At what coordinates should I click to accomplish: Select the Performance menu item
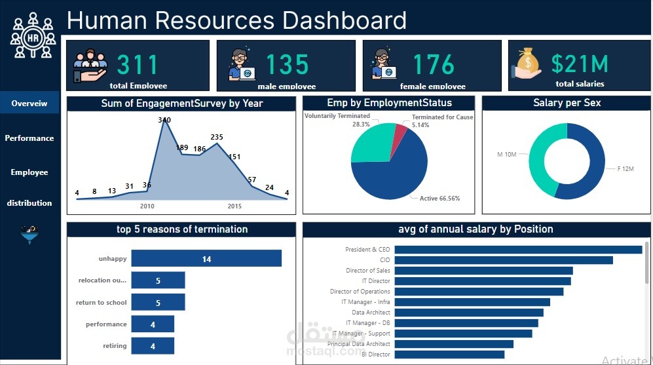(29, 138)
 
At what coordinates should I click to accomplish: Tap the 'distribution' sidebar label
(29, 203)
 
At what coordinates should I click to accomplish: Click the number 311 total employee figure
(138, 65)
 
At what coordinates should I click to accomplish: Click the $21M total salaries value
(580, 64)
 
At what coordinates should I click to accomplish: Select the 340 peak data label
(164, 120)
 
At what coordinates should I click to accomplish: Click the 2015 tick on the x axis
(234, 206)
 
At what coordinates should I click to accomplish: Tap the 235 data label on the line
(217, 137)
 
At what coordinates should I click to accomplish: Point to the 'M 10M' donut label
(507, 154)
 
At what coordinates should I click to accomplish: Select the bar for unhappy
(206, 259)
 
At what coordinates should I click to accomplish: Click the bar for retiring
(153, 346)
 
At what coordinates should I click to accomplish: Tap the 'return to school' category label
(102, 303)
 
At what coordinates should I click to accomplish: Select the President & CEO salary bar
(518, 250)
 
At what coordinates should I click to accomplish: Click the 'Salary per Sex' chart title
(567, 103)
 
